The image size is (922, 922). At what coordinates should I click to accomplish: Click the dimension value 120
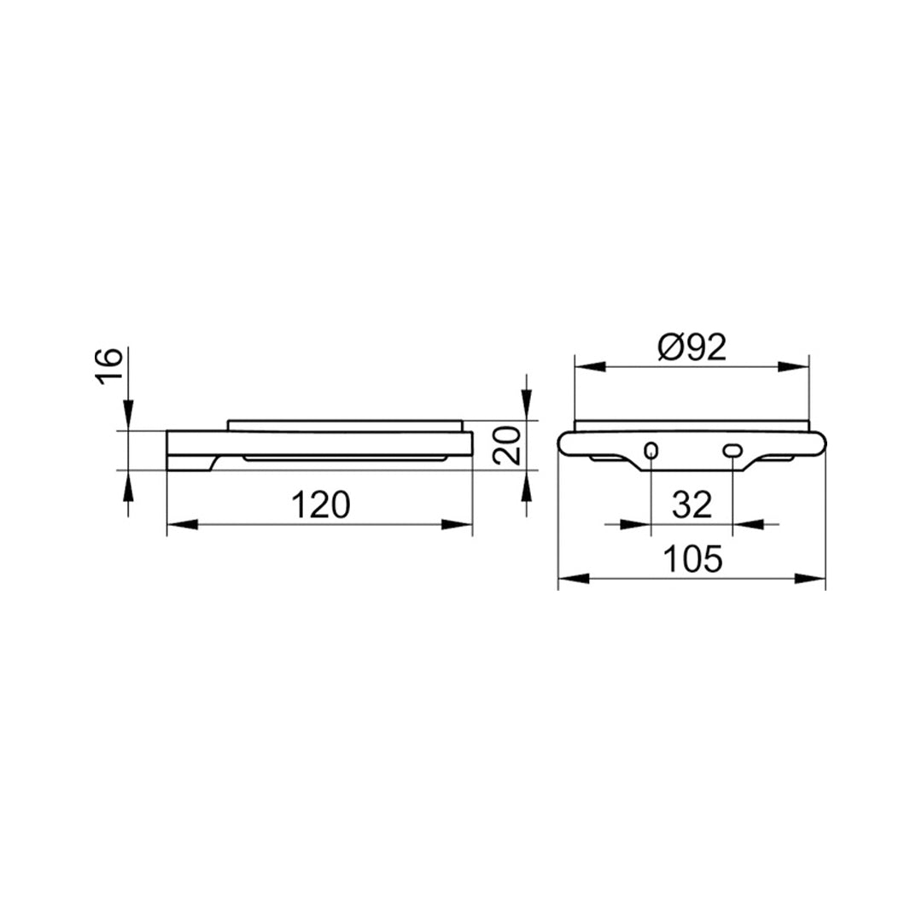click(x=321, y=505)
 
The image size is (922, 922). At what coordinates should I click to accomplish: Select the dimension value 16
click(x=108, y=365)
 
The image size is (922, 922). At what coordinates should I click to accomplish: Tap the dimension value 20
click(x=506, y=445)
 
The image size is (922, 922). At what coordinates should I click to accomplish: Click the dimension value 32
click(x=692, y=505)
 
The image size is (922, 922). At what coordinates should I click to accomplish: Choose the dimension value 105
click(x=692, y=559)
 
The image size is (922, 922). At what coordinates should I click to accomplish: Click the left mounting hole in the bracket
click(x=651, y=451)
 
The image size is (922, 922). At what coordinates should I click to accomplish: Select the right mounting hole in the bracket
click(x=732, y=451)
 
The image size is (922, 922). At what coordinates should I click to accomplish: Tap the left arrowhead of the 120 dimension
click(x=183, y=524)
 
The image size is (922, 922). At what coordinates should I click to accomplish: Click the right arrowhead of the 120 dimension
click(x=458, y=524)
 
